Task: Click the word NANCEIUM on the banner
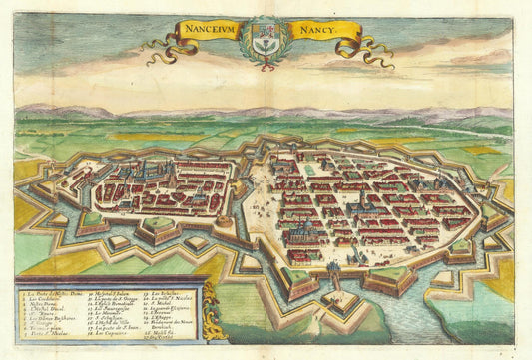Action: tap(209, 30)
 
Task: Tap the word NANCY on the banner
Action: tap(314, 30)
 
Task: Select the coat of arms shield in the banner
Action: tap(265, 42)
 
